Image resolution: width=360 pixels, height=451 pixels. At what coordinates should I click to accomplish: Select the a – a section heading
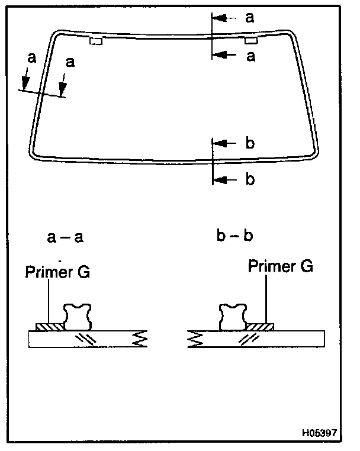click(65, 238)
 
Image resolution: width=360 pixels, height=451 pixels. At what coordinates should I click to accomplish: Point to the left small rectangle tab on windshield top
click(95, 41)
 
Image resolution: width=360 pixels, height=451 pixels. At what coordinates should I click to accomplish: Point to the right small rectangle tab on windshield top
click(251, 40)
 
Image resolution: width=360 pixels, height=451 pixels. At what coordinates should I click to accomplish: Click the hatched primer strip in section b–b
click(261, 327)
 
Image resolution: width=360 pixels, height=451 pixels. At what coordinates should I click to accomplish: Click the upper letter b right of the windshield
click(250, 143)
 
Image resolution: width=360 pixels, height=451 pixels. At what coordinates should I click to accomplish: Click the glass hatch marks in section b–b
click(246, 339)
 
